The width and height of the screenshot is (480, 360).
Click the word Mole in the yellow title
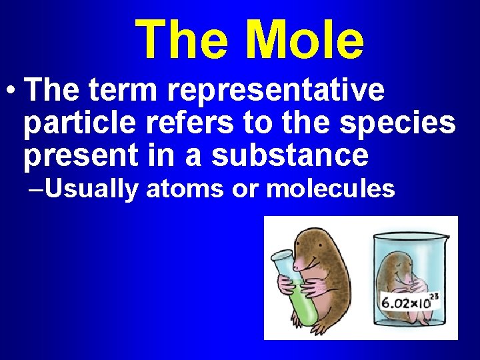tap(305, 39)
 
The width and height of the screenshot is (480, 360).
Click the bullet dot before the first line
tap(11, 92)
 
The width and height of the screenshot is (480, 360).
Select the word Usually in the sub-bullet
tap(92, 189)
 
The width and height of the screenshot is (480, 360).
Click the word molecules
tap(331, 189)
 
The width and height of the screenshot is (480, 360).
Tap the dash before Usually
tap(37, 189)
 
